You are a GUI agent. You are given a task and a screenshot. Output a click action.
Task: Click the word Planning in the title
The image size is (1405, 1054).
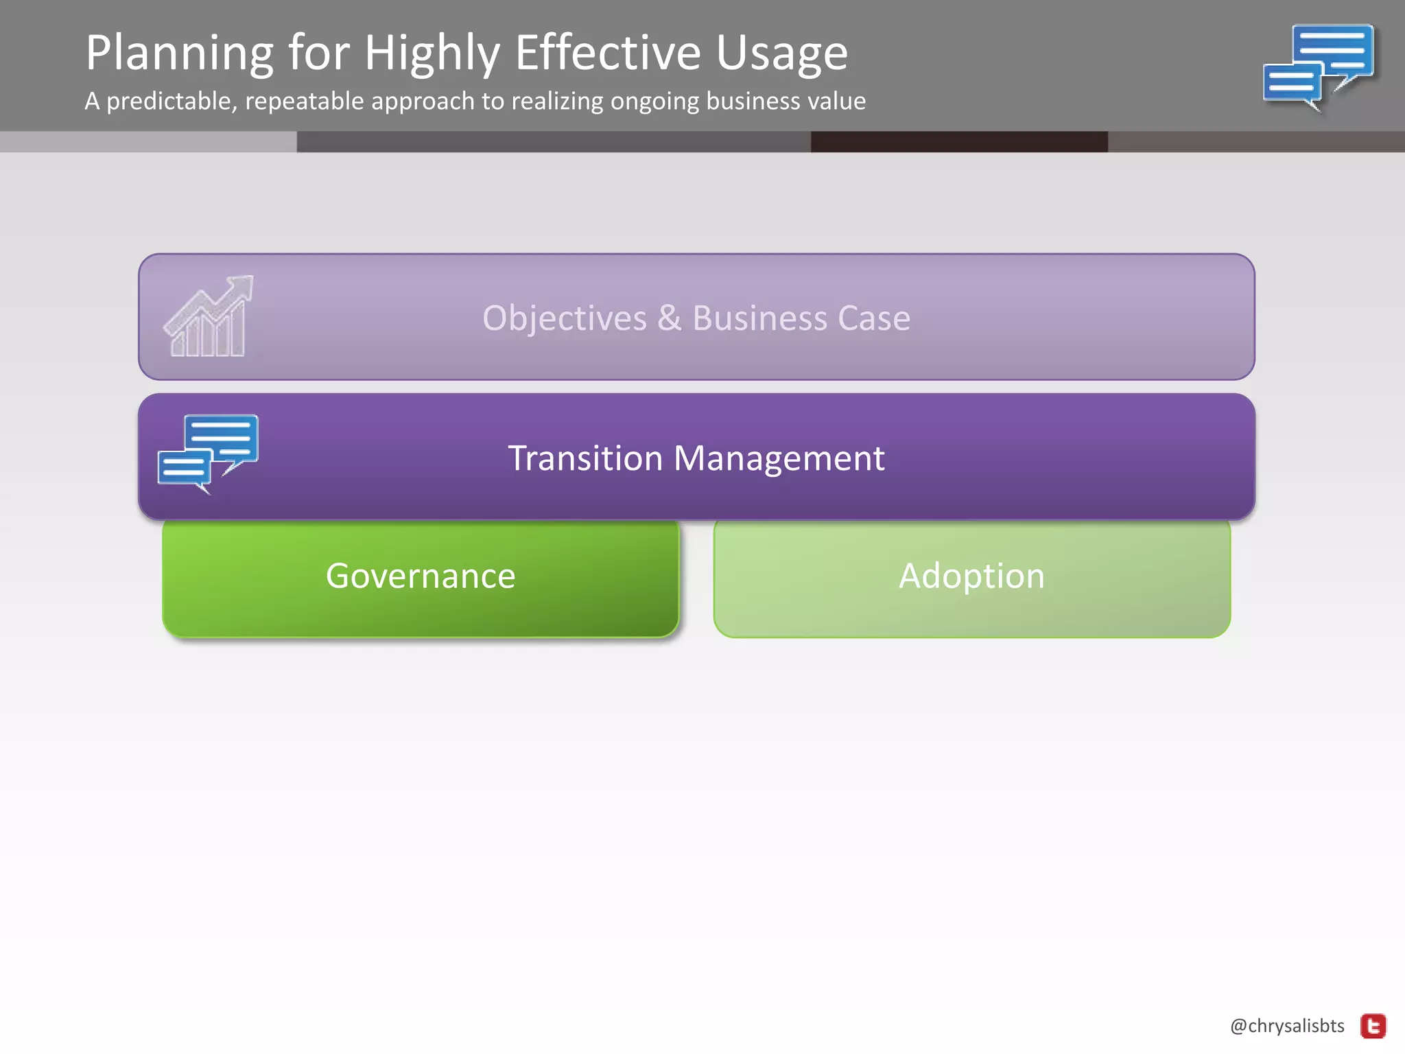coord(179,54)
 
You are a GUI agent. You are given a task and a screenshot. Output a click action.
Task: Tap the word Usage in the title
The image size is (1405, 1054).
coord(781,54)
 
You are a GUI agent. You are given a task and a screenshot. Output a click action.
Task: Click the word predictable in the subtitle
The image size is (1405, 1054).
coord(172,102)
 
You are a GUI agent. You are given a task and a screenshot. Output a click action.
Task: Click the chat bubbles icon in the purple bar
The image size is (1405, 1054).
coord(208,453)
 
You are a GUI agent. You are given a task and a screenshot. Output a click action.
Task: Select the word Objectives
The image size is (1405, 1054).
coord(565,318)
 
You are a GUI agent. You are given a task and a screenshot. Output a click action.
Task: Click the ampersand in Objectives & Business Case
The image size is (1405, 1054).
coord(670,318)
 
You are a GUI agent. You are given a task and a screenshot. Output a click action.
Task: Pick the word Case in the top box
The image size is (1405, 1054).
coord(873,318)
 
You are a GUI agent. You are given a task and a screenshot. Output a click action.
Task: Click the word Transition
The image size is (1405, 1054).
coord(585,458)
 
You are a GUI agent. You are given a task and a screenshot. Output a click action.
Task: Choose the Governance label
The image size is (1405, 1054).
coord(420,576)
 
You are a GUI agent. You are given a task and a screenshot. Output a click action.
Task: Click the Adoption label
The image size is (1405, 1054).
coord(971,576)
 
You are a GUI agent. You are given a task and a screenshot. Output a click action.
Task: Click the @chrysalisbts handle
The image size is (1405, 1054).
coord(1287,1026)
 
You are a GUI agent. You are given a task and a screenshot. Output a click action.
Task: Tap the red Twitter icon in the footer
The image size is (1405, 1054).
coord(1373,1027)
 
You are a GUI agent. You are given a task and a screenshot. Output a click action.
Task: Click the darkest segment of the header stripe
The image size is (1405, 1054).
coord(958,141)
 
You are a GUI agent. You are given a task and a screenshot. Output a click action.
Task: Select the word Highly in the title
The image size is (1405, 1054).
coord(432,54)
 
